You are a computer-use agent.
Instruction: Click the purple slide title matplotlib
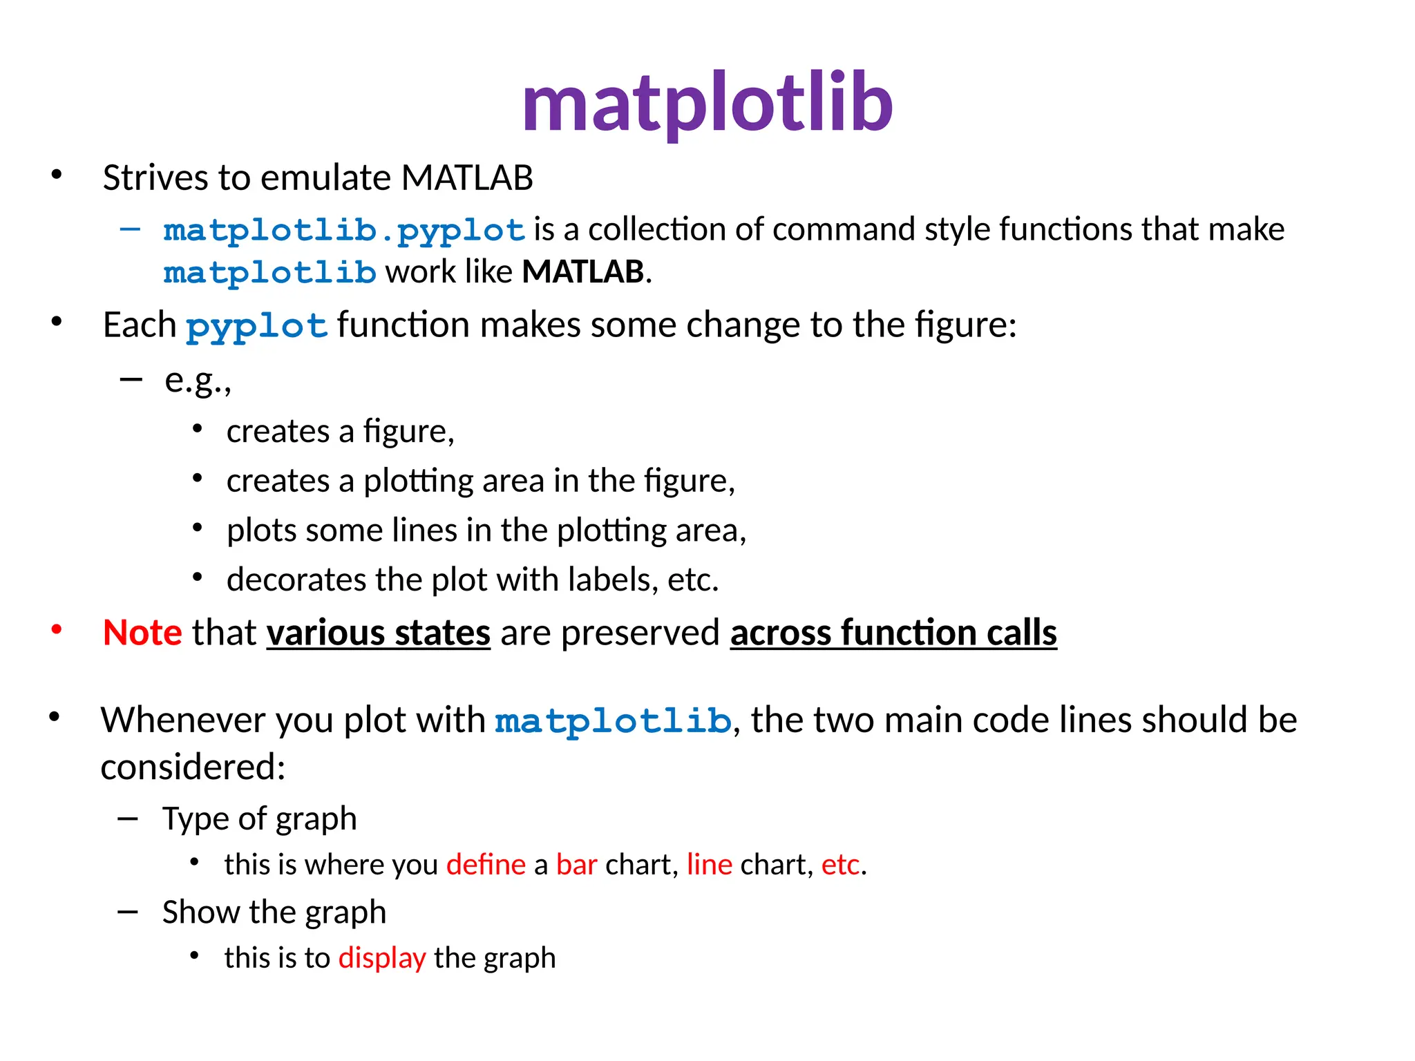tap(707, 104)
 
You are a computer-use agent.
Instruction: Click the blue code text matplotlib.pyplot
tap(344, 230)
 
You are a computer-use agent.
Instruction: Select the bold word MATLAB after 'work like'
tap(583, 271)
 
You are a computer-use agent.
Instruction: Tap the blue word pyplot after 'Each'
tap(256, 325)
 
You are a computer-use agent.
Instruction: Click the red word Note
tap(142, 632)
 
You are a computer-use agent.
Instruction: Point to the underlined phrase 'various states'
tap(379, 632)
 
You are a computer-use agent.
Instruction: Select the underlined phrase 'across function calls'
tap(893, 632)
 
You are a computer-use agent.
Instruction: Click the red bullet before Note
tap(57, 629)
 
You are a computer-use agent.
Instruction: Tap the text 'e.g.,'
tap(198, 380)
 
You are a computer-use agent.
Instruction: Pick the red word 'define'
tap(486, 865)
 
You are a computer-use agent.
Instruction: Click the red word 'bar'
tap(576, 865)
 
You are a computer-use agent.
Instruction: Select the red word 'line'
tap(709, 865)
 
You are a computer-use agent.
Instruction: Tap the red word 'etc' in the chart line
tap(840, 865)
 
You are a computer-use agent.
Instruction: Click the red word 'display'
tap(382, 958)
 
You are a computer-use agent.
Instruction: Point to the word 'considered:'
tap(193, 767)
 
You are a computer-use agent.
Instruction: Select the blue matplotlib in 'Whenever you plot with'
tap(613, 721)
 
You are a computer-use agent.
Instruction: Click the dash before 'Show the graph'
tap(128, 912)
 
